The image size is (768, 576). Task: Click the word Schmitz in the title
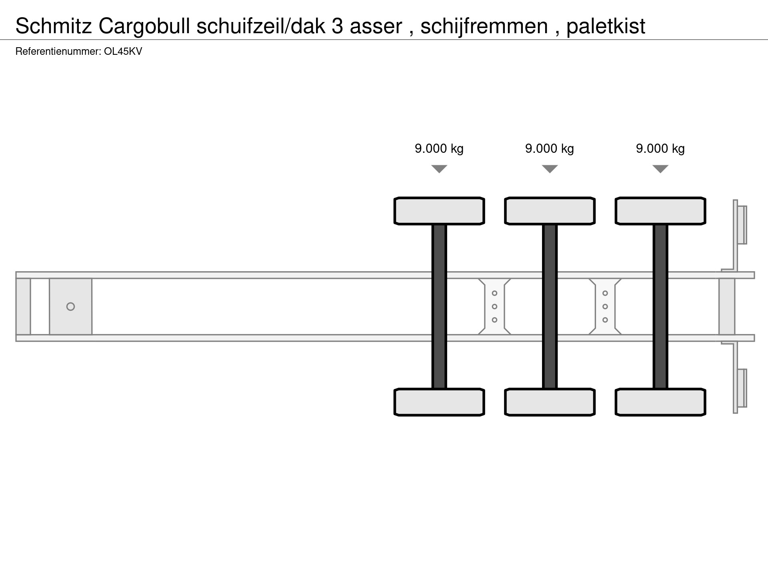click(54, 26)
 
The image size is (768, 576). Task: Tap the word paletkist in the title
click(605, 26)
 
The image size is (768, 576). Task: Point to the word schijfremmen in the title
click(484, 26)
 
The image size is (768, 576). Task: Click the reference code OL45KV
click(123, 52)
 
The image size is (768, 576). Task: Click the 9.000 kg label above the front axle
click(439, 149)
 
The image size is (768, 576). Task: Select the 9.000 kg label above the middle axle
click(549, 149)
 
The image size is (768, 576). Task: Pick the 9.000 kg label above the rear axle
click(660, 149)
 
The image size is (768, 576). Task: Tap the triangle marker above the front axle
click(439, 169)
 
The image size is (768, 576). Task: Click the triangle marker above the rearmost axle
click(660, 169)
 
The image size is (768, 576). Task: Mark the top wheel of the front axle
click(439, 211)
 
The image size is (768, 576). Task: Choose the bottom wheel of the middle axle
click(550, 402)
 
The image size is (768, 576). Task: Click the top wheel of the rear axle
click(660, 211)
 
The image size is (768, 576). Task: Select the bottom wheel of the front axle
click(439, 402)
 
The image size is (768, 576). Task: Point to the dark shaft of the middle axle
click(550, 306)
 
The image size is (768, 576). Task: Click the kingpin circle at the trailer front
click(70, 306)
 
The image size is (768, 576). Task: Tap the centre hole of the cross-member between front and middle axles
click(494, 306)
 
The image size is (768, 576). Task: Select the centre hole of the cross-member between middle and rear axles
click(605, 306)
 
